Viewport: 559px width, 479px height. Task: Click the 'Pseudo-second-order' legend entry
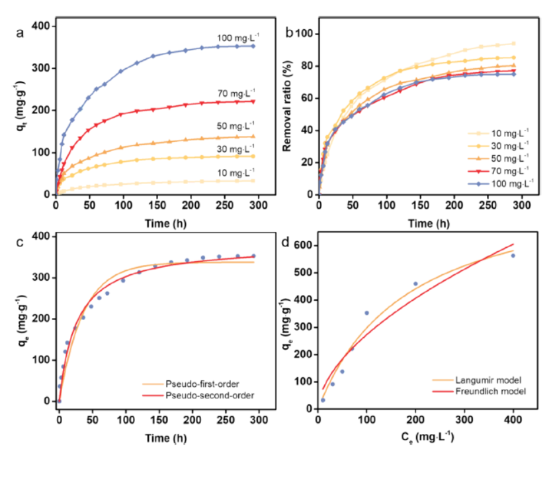[196, 395]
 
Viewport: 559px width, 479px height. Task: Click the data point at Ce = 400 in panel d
[512, 255]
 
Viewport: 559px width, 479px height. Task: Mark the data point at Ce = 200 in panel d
[415, 284]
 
